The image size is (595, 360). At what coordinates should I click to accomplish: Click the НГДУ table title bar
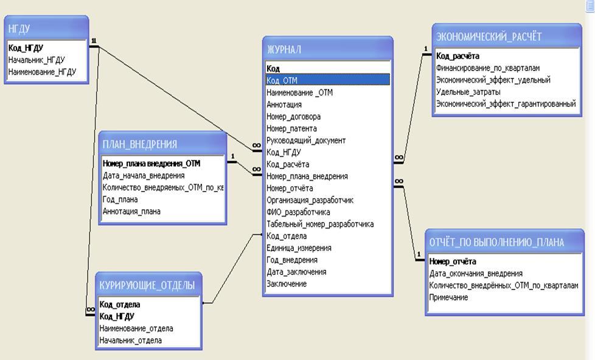click(x=46, y=28)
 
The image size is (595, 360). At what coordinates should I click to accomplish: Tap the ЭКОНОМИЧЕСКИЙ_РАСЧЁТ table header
click(x=506, y=36)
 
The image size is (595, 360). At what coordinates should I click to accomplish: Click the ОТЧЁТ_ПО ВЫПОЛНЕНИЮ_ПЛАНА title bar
click(x=504, y=241)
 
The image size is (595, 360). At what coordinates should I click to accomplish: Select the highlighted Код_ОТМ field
click(x=327, y=80)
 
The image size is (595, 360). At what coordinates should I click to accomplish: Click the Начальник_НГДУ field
click(x=37, y=60)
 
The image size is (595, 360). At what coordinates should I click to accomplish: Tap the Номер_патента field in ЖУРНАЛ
click(x=291, y=128)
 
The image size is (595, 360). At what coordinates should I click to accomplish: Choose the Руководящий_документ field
click(x=306, y=140)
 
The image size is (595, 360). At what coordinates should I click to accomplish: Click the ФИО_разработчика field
click(x=298, y=212)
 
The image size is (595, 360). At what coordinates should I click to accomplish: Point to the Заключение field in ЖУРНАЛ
click(x=287, y=284)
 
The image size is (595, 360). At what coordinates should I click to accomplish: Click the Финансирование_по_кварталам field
click(x=488, y=68)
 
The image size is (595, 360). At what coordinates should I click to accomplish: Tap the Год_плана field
click(x=120, y=199)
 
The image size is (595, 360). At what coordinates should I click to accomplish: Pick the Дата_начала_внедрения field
click(x=144, y=176)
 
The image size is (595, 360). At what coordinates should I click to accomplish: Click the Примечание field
click(x=448, y=297)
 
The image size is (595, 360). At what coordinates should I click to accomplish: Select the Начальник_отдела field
click(x=131, y=341)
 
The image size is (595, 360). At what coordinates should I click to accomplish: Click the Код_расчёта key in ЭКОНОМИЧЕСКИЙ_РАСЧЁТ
click(x=458, y=56)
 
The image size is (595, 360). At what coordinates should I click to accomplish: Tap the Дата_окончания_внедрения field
click(x=476, y=274)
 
